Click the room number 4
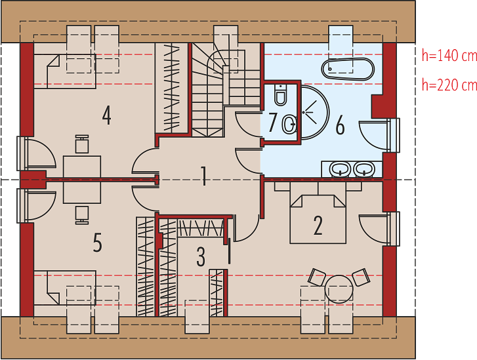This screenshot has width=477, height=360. tap(106, 115)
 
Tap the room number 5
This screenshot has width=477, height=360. tap(97, 243)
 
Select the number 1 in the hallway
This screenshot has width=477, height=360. tap(204, 176)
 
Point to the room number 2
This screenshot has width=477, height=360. tap(318, 226)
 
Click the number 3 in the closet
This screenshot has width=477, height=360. tap(201, 256)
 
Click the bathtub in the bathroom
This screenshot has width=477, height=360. tap(348, 69)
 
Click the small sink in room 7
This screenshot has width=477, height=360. tap(289, 124)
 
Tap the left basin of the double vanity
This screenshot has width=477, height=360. tap(340, 169)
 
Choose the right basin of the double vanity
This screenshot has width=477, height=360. tap(364, 169)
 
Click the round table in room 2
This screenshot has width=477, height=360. tap(339, 289)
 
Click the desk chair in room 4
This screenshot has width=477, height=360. tap(82, 144)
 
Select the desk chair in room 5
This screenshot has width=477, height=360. tap(82, 215)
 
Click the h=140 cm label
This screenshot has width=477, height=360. tap(449, 56)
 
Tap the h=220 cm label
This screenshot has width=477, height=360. tap(449, 85)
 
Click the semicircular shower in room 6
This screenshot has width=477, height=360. tap(315, 113)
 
